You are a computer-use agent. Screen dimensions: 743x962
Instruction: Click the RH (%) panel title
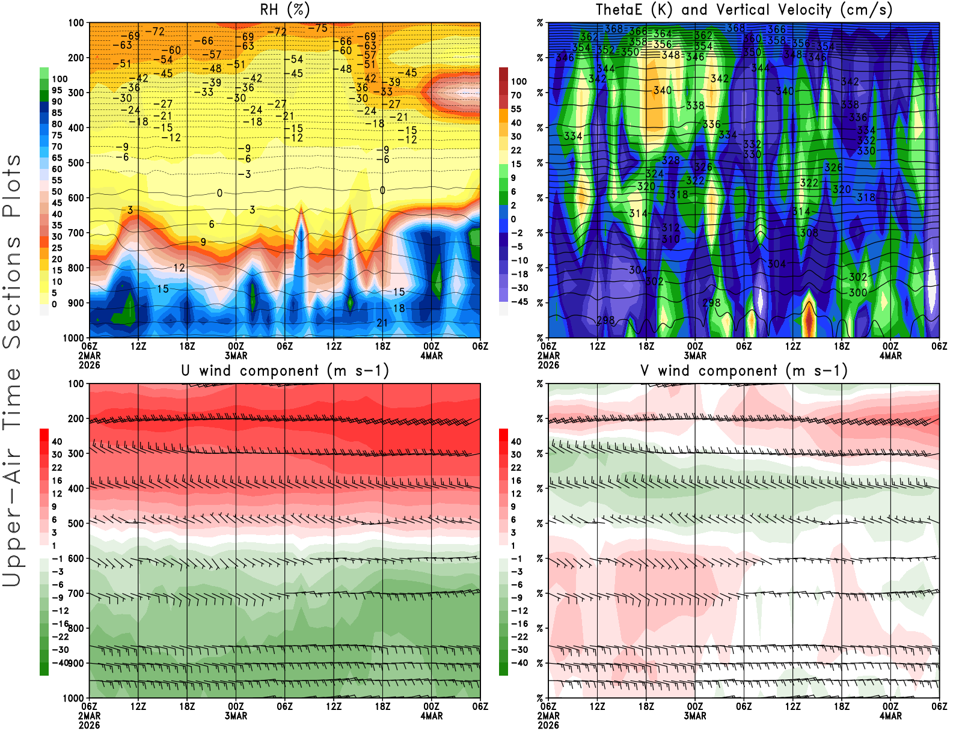click(284, 10)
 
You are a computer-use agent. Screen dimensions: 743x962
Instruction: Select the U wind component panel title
click(285, 371)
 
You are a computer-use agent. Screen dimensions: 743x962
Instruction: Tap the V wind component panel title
click(744, 371)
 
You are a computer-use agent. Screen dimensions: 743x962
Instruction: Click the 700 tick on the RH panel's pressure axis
click(76, 233)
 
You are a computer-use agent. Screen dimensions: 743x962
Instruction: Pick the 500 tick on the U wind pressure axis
click(76, 524)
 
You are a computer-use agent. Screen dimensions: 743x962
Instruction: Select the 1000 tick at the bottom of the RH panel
click(73, 338)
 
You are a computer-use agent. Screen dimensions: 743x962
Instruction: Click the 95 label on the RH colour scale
click(57, 90)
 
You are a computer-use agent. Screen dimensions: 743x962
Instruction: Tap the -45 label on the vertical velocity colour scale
click(519, 302)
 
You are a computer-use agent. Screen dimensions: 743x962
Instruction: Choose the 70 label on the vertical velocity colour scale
click(516, 95)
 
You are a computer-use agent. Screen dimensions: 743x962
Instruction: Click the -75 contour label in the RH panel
click(317, 28)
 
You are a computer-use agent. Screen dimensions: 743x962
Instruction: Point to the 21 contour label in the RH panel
click(382, 323)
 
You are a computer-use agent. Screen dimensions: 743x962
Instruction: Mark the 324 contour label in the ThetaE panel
click(654, 174)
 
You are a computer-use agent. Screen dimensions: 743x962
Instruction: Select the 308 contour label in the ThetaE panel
click(809, 233)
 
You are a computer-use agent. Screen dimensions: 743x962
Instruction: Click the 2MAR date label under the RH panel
click(89, 355)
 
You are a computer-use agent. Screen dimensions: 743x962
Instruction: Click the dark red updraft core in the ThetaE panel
click(809, 316)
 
